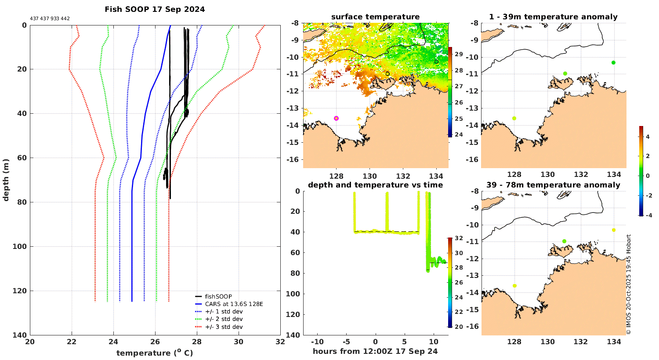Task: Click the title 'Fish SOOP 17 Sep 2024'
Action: pos(155,9)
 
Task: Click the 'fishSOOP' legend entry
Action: pos(218,296)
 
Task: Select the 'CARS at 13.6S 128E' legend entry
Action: pos(234,304)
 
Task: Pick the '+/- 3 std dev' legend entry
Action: pos(224,327)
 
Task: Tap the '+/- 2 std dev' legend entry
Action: pos(224,319)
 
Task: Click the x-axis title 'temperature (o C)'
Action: pos(155,353)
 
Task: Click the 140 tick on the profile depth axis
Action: pos(21,335)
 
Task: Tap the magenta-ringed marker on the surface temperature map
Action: pos(337,118)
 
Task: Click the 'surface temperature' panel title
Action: pos(375,17)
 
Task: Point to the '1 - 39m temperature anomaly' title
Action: pos(553,17)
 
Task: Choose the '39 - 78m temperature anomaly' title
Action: pos(553,185)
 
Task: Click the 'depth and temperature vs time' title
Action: pos(375,185)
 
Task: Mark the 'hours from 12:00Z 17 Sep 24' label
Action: pos(375,351)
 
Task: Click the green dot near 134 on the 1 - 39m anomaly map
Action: pos(613,62)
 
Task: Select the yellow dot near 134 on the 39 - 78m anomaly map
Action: pos(614,230)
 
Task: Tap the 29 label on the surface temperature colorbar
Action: pos(458,54)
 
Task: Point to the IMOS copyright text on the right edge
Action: pos(629,284)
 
